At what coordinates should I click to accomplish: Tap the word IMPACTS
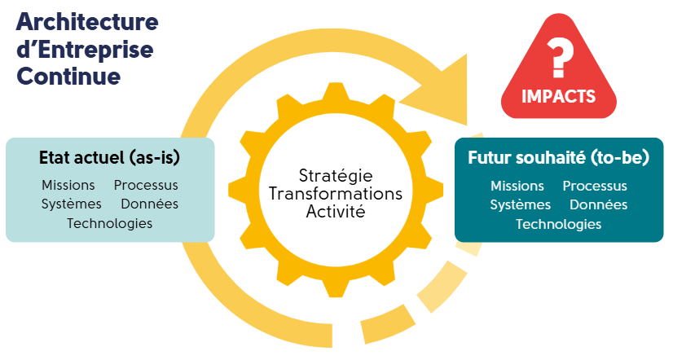point(558,96)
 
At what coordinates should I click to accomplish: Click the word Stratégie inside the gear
point(336,176)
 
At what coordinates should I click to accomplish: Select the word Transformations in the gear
point(336,194)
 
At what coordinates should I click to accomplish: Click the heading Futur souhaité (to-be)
point(558,157)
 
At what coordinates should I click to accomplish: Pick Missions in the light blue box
point(68,186)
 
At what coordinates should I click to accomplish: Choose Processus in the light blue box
point(146,186)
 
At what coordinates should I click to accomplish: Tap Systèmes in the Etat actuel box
point(72,204)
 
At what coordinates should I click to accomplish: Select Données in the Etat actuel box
point(150,204)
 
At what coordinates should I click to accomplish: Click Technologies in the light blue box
point(109,222)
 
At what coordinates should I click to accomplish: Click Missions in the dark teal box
point(517,187)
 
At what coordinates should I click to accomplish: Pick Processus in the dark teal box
point(595,187)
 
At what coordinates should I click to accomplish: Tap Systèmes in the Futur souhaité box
point(521,204)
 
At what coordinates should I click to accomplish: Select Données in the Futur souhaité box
point(599,204)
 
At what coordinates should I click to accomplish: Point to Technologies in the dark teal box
point(559,224)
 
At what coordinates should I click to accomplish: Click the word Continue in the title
point(68,76)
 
